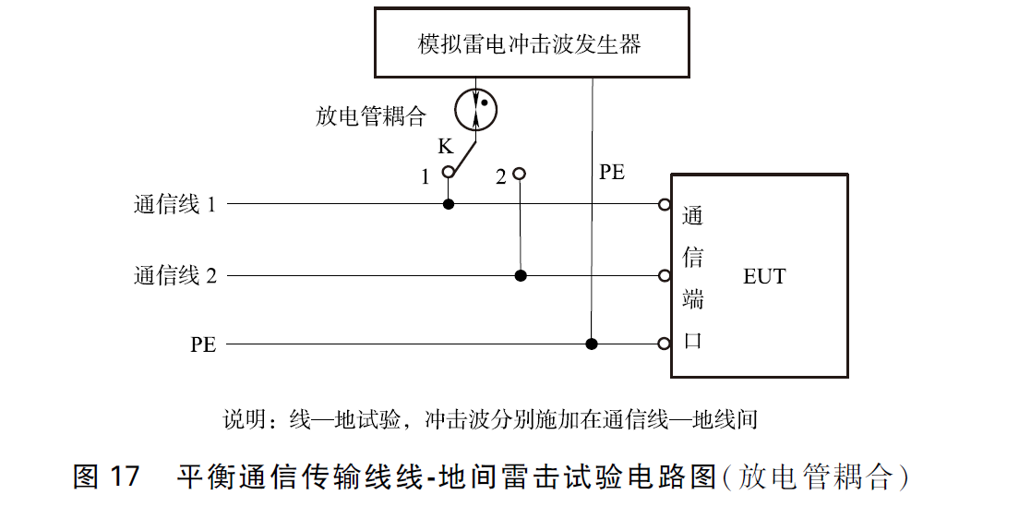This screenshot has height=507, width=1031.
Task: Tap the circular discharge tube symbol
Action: pyautogui.click(x=476, y=109)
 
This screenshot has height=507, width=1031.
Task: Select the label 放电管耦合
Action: pyautogui.click(x=370, y=116)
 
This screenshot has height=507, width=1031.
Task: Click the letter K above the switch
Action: pyautogui.click(x=445, y=147)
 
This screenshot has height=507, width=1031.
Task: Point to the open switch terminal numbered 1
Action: pyautogui.click(x=449, y=173)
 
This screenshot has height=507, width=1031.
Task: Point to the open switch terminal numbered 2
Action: pyautogui.click(x=520, y=173)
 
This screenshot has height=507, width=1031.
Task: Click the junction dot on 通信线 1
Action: pyautogui.click(x=449, y=203)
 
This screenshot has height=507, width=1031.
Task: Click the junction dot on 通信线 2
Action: pyautogui.click(x=521, y=275)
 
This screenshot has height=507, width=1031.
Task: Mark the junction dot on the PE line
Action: pyautogui.click(x=592, y=344)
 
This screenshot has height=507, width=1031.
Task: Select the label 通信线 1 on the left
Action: pyautogui.click(x=174, y=204)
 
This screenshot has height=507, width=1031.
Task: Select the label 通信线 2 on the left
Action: pyautogui.click(x=174, y=275)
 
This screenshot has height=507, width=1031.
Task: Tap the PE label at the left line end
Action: pyautogui.click(x=203, y=345)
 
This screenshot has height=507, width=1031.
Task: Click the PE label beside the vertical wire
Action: pyautogui.click(x=611, y=173)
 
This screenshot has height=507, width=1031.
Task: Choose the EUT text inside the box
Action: pyautogui.click(x=764, y=276)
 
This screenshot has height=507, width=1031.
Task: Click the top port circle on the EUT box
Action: pyautogui.click(x=664, y=204)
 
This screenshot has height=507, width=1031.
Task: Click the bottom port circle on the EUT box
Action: pyautogui.click(x=664, y=344)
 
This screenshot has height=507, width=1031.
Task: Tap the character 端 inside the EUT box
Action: pyautogui.click(x=692, y=299)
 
